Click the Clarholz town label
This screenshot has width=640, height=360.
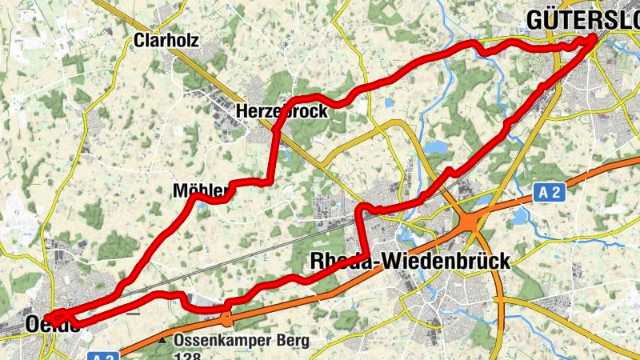click(x=166, y=40)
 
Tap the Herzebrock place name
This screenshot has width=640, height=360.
click(x=282, y=111)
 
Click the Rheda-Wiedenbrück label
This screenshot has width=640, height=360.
click(x=408, y=261)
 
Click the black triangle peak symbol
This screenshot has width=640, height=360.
click(x=162, y=341)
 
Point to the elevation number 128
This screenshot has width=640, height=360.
click(x=187, y=355)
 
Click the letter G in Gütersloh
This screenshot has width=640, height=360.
click(x=534, y=19)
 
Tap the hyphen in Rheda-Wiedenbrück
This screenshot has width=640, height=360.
click(x=371, y=262)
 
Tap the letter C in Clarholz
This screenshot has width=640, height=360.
click(x=140, y=40)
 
